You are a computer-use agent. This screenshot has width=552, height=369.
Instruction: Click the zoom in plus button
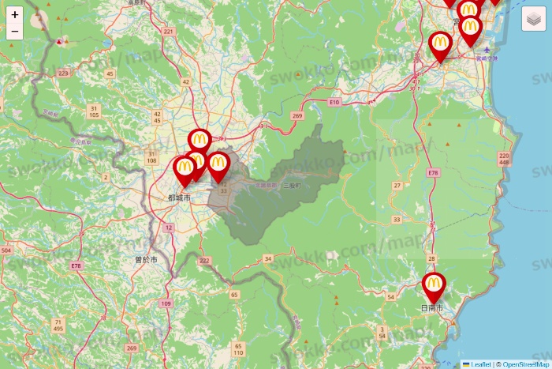(15, 14)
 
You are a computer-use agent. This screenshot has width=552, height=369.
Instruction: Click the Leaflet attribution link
(479, 364)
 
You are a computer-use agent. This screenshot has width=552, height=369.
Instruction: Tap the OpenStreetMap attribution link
(526, 364)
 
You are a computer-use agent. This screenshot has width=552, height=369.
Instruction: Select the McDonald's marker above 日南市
(434, 285)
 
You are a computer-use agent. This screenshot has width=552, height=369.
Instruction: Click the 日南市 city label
(432, 307)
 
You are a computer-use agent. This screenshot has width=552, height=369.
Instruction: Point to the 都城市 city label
(179, 197)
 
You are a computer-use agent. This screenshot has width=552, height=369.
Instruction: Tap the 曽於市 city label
(145, 259)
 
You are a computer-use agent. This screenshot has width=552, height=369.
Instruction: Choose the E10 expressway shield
(334, 102)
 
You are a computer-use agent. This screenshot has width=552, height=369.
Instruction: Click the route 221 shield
(168, 32)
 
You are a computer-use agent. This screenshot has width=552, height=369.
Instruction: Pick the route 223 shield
(63, 73)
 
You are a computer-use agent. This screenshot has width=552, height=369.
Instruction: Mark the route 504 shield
(6, 250)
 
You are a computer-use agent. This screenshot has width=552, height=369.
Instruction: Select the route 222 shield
(205, 261)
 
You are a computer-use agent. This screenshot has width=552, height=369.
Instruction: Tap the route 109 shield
(165, 303)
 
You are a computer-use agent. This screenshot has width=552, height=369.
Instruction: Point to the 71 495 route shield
(58, 326)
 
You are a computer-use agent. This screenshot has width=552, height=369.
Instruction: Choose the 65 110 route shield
(238, 349)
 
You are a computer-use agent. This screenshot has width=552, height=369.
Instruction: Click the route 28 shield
(431, 259)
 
